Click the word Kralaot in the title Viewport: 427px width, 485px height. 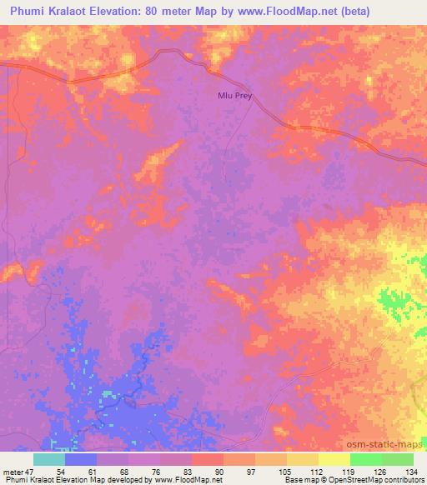pos(70,11)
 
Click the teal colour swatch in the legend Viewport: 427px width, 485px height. pos(49,459)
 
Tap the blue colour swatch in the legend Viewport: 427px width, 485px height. pos(81,459)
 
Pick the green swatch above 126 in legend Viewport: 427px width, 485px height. pos(365,459)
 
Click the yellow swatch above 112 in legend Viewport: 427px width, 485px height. pos(302,459)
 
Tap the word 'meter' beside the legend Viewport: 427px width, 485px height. pos(14,470)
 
